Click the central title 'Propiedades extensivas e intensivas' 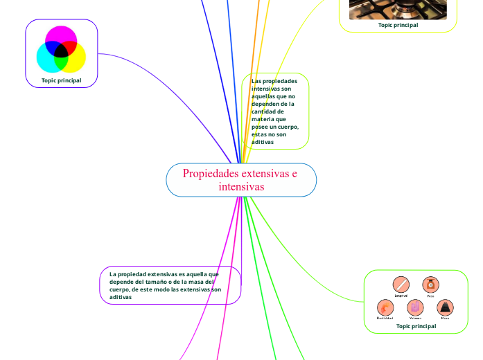[240, 180]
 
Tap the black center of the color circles [61, 51]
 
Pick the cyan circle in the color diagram [46, 61]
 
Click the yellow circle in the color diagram [76, 61]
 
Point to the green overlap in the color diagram [61, 63]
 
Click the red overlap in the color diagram [70, 46]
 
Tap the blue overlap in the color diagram [52, 46]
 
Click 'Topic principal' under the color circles [61, 80]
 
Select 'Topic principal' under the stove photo [398, 24]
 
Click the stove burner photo [398, 8]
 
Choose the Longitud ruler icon [401, 284]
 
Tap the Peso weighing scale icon [430, 284]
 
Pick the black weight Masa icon [445, 307]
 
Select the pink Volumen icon [415, 307]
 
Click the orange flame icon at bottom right [385, 307]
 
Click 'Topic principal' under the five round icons [416, 326]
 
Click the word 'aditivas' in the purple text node [121, 296]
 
